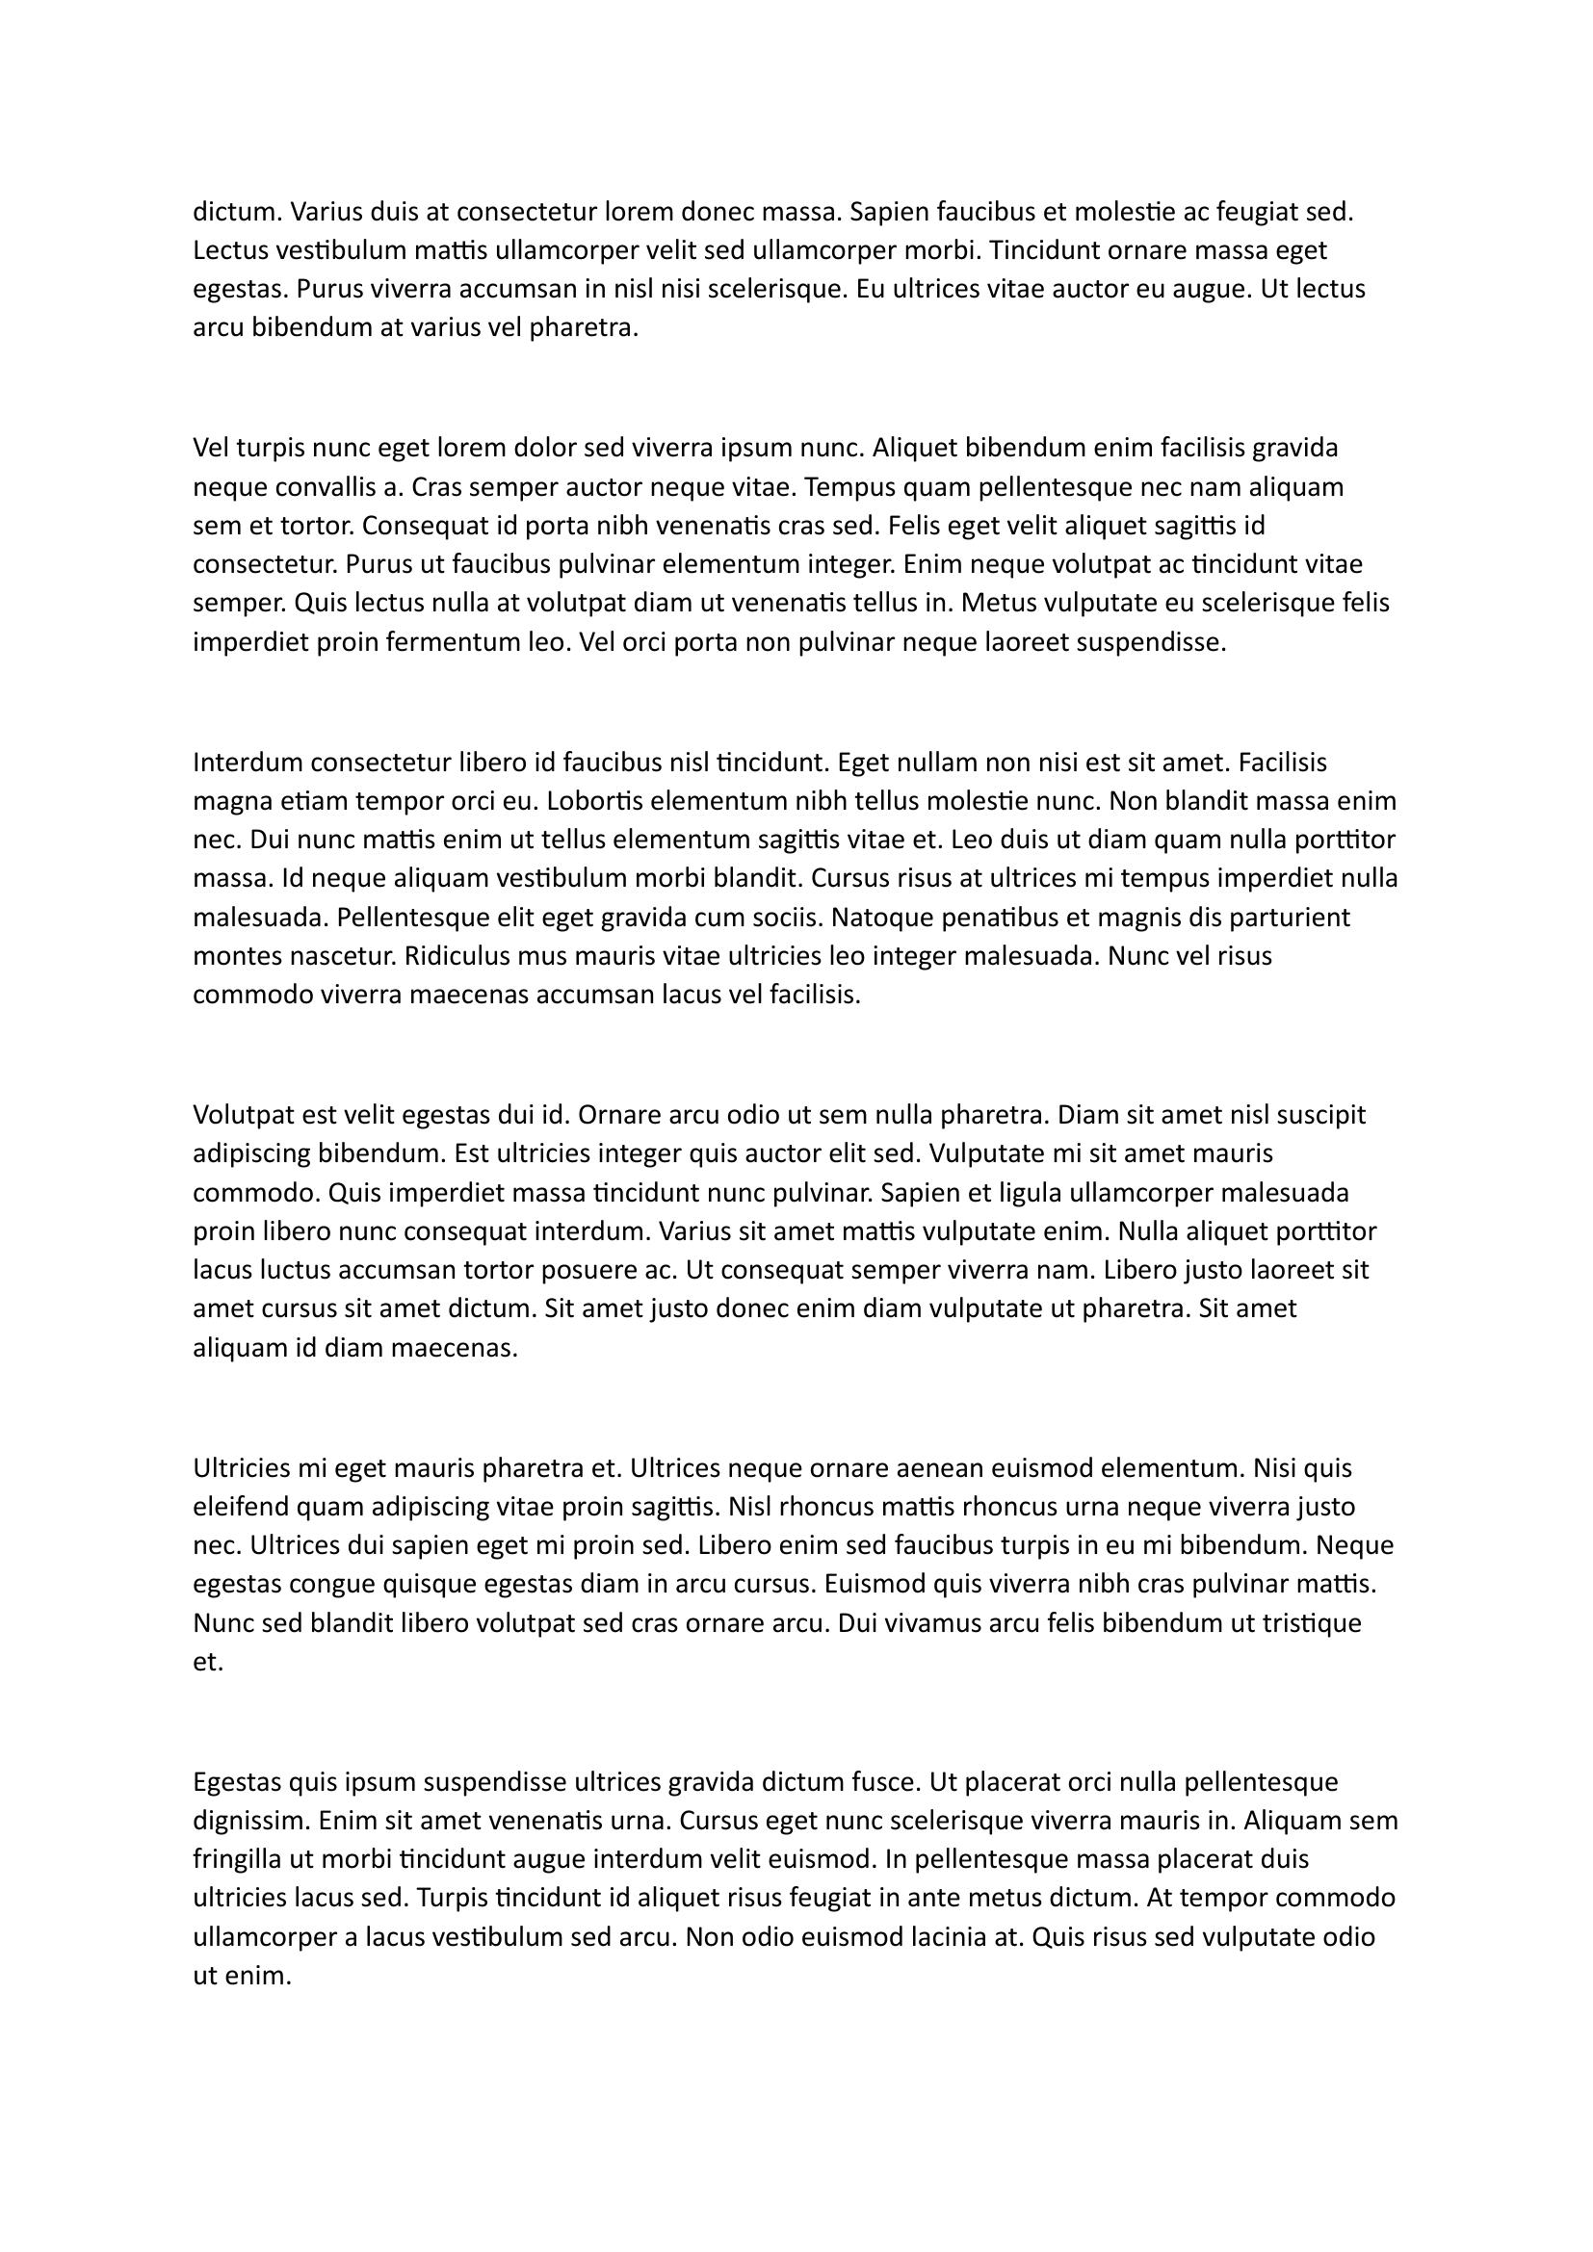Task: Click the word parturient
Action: [1288, 918]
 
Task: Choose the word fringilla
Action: [241, 1858]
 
